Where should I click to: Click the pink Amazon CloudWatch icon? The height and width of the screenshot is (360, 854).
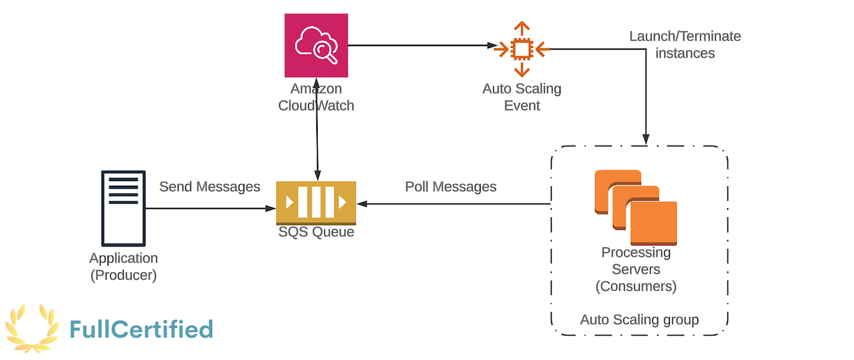[x=316, y=46]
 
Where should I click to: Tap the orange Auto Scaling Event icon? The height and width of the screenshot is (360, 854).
[x=522, y=48]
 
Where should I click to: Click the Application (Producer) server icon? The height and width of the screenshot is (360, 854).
[x=124, y=208]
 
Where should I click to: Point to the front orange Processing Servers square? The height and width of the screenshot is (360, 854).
[x=653, y=223]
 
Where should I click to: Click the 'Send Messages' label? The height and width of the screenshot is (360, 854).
[x=209, y=187]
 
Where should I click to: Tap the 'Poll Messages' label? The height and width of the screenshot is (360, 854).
[x=451, y=187]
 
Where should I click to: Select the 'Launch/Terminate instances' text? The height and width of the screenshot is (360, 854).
[x=685, y=45]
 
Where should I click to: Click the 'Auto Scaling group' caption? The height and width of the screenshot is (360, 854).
[x=639, y=320]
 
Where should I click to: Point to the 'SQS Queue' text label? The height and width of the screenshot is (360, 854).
[x=316, y=232]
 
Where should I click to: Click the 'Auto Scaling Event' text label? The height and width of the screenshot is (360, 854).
[x=522, y=97]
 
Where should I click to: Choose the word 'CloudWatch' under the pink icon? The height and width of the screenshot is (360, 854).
[x=316, y=106]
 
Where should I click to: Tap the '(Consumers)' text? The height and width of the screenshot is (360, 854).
[x=636, y=286]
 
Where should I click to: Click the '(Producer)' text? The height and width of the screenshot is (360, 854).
[x=124, y=275]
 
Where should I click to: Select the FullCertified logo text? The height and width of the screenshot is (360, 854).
[x=141, y=329]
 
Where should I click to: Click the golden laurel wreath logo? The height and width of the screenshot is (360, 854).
[x=32, y=328]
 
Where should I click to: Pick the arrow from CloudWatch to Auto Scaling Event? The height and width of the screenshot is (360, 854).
[x=421, y=45]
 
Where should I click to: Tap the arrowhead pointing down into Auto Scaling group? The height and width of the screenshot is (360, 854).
[x=645, y=140]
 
